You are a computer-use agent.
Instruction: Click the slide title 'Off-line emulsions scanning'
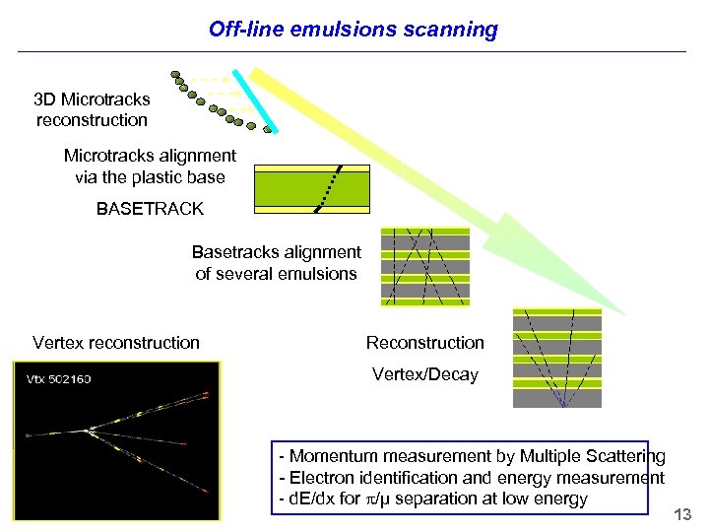click(354, 30)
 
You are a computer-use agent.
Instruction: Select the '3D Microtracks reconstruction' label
click(92, 109)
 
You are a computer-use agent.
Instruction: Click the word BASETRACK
click(150, 209)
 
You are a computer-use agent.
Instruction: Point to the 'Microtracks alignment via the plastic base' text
click(150, 166)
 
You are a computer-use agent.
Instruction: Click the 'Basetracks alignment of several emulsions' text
click(276, 263)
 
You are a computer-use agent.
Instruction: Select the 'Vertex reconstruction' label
click(116, 343)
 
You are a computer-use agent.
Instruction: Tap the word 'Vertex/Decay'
click(424, 374)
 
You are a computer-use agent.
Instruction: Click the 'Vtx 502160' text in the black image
click(59, 378)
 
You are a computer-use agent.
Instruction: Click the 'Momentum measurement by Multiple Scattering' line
click(472, 456)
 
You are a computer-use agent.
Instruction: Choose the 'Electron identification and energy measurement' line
click(472, 478)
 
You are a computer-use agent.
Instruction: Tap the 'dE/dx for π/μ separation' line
click(433, 499)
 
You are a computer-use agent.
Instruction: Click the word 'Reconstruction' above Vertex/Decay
click(424, 343)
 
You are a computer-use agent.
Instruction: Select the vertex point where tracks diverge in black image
click(90, 430)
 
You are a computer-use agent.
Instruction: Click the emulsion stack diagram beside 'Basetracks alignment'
click(425, 268)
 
